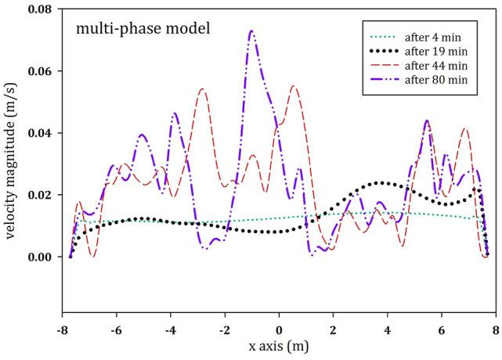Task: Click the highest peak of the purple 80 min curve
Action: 251,31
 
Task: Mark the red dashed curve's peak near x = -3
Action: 202,89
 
